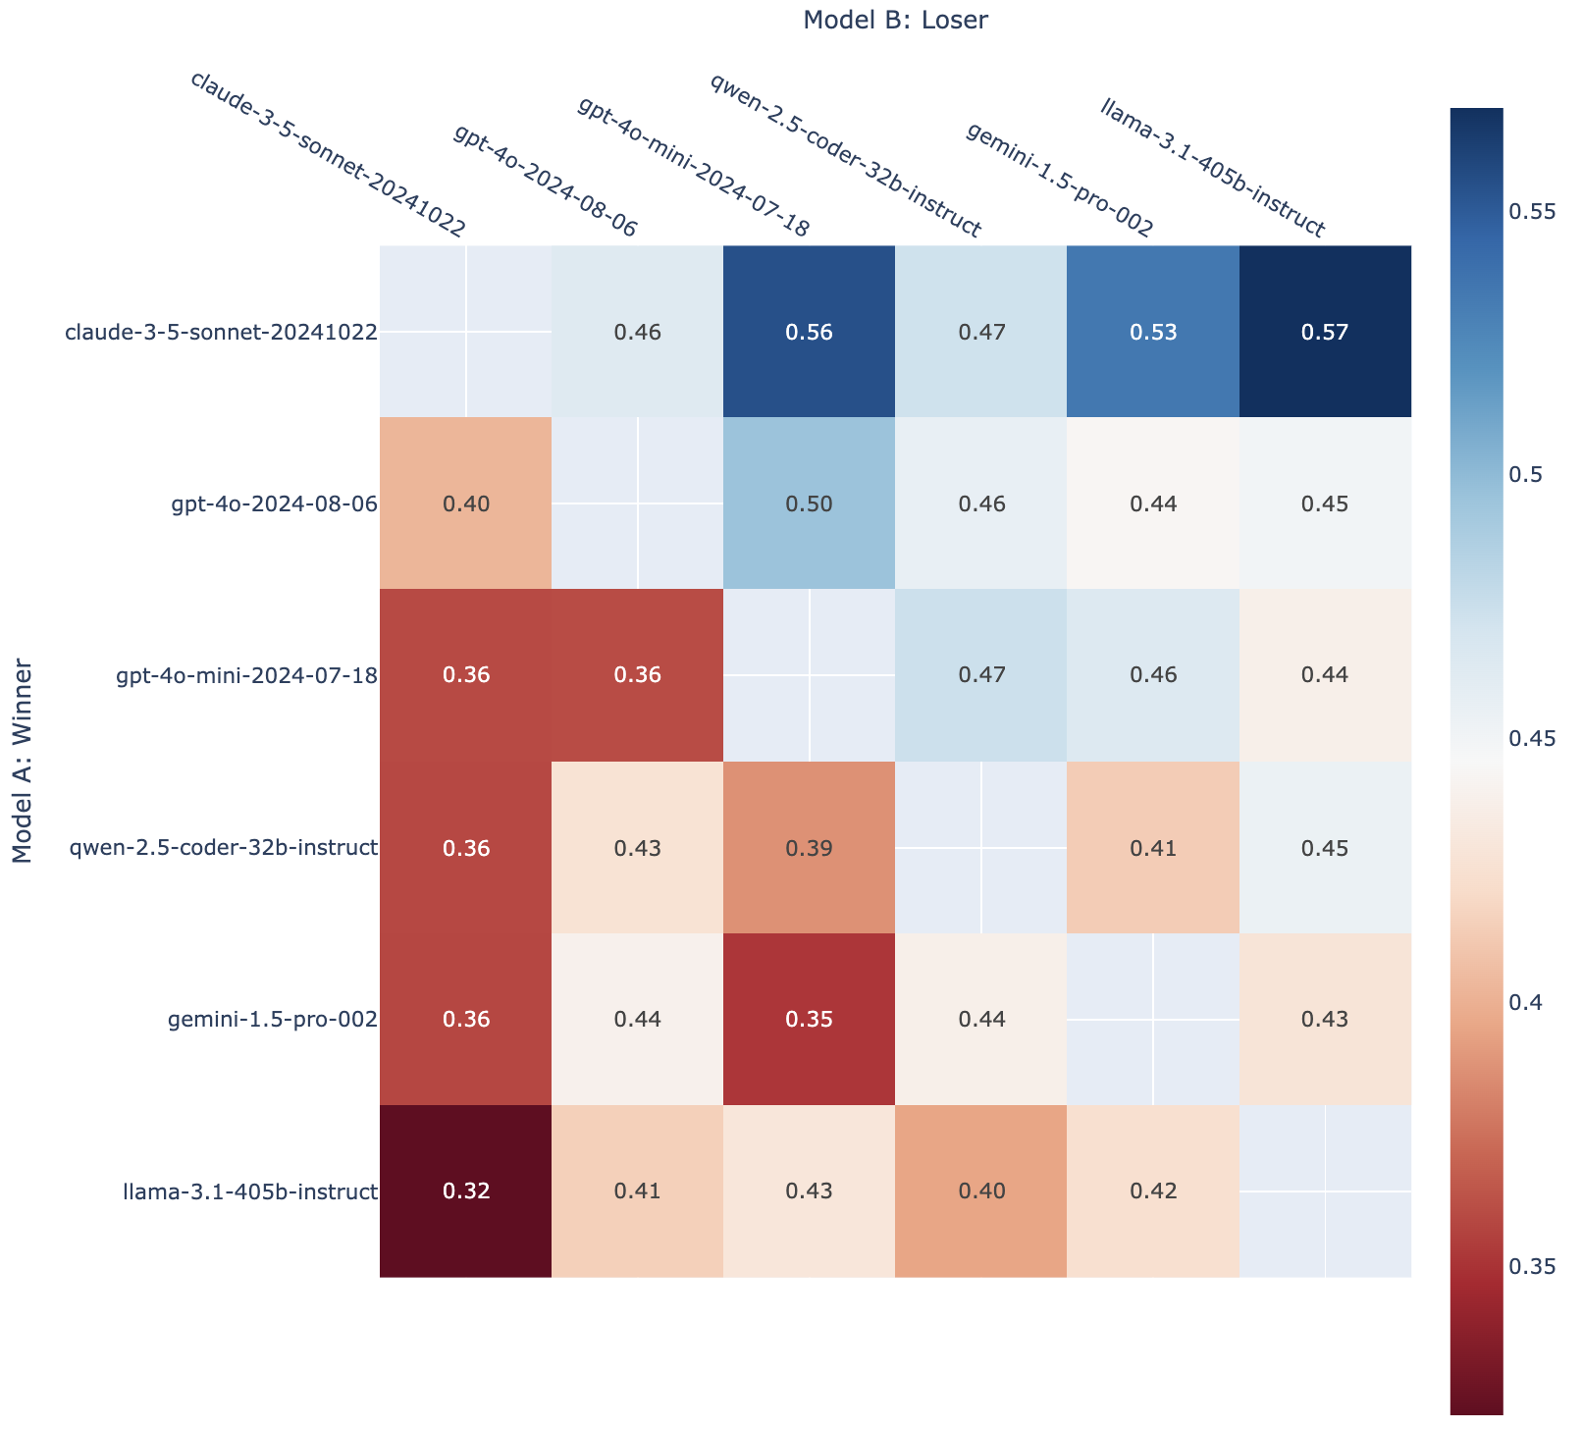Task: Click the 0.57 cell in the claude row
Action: pos(1325,332)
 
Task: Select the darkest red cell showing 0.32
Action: pos(465,1191)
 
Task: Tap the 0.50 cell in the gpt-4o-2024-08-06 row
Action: pos(810,504)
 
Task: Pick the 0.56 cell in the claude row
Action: pos(810,332)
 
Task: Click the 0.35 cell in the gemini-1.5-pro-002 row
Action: pos(810,1019)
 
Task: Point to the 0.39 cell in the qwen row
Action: pos(810,847)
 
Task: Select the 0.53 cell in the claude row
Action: pos(1153,332)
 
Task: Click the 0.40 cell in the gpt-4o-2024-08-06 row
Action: pos(465,504)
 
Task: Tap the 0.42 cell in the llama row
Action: pos(1153,1191)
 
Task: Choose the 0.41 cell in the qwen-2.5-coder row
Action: pos(1153,847)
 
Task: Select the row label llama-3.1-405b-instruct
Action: pos(250,1191)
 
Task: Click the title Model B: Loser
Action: pos(894,20)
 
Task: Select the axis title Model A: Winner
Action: pos(24,762)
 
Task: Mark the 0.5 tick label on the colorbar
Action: pos(1531,475)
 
